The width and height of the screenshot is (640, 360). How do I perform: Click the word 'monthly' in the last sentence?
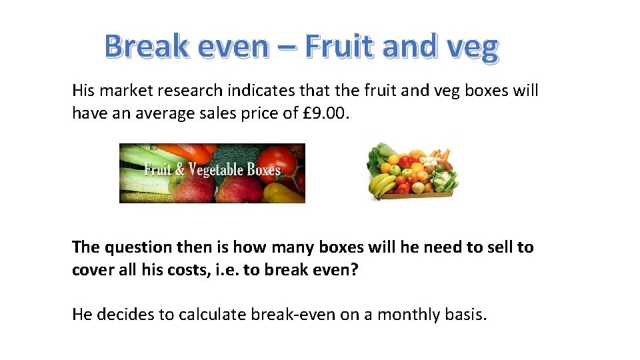tap(406, 314)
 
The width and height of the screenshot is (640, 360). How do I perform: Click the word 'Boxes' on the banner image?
tap(263, 169)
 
